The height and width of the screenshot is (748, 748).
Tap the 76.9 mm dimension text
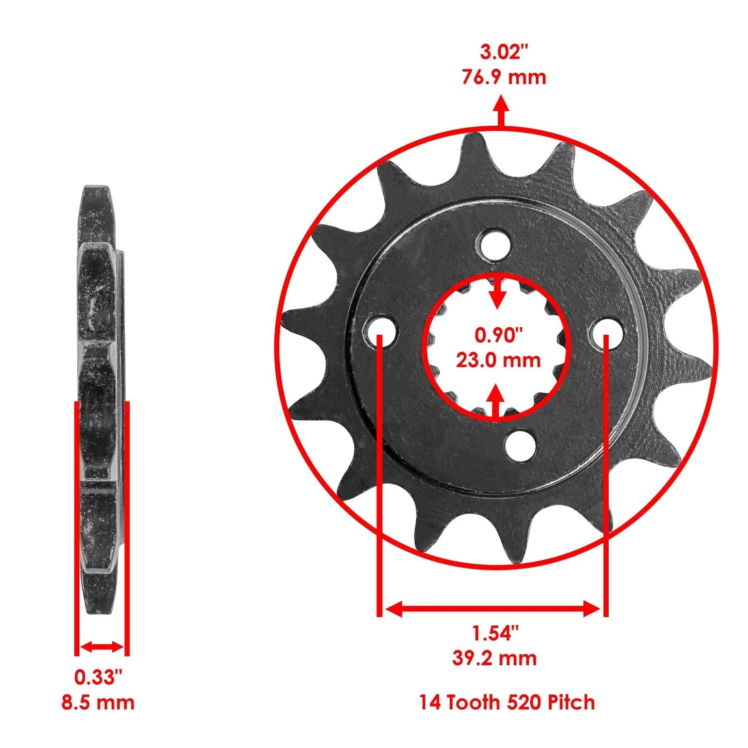[x=504, y=77]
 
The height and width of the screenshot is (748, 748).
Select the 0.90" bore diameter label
[x=498, y=335]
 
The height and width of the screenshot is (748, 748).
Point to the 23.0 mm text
[x=498, y=360]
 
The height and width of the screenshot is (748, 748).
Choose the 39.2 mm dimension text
[x=494, y=658]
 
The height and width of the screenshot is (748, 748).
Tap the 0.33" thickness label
[x=98, y=677]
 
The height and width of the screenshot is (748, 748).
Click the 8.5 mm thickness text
[x=98, y=702]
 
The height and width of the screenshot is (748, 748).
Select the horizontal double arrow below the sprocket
[x=493, y=609]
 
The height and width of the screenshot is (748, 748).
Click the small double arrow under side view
[x=101, y=647]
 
